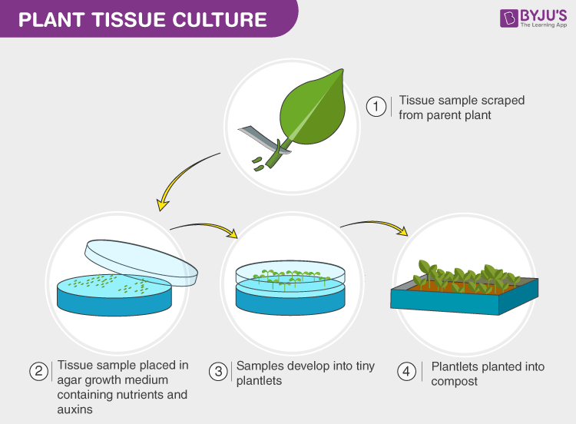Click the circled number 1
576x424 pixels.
(x=376, y=107)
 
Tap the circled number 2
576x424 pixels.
(x=39, y=372)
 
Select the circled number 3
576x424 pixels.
(x=219, y=372)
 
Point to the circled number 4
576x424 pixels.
(x=406, y=372)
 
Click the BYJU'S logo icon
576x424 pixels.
(x=509, y=18)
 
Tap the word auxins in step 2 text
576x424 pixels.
(x=74, y=410)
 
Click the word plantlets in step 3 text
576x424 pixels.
(x=259, y=381)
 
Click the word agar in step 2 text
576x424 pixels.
(x=69, y=381)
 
